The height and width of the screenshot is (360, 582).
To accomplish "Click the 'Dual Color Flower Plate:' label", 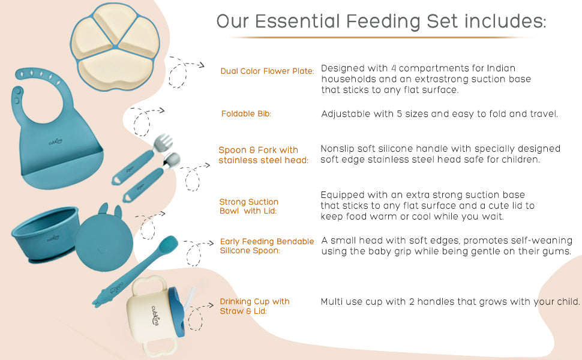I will pyautogui.click(x=267, y=71).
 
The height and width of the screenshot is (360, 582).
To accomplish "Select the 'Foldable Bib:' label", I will pyautogui.click(x=246, y=113).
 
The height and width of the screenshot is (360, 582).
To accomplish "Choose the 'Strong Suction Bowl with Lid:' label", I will pyautogui.click(x=248, y=206).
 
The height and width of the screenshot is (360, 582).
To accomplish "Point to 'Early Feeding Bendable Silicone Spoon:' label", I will pyautogui.click(x=267, y=246).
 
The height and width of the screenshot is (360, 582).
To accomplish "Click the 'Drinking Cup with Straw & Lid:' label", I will pyautogui.click(x=254, y=306).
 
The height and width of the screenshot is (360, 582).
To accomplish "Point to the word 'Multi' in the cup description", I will pyautogui.click(x=332, y=301).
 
